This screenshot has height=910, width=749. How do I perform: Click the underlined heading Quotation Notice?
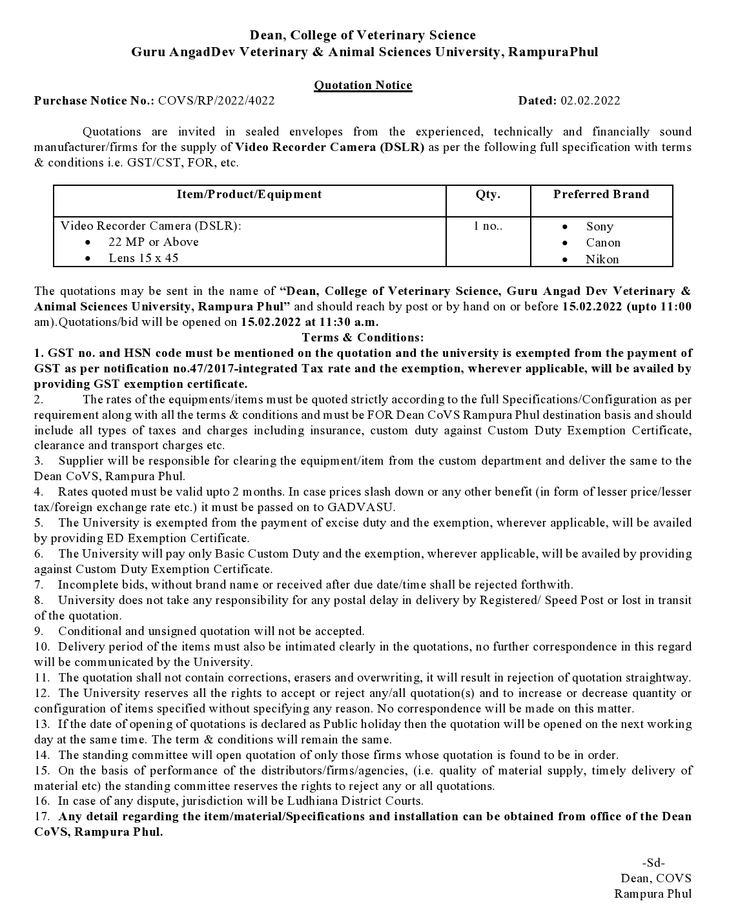[x=363, y=85]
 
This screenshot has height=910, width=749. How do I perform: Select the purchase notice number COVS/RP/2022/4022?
[x=216, y=101]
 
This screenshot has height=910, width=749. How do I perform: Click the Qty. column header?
[x=487, y=194]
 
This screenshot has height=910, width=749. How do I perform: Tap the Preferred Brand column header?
[x=601, y=194]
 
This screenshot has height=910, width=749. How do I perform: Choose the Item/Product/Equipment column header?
[x=249, y=194]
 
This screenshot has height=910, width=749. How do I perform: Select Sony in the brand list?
[x=599, y=227]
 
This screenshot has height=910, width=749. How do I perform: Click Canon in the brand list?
[x=603, y=243]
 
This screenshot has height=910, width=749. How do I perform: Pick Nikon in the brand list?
[x=602, y=259]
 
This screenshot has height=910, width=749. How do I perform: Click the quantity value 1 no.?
[x=487, y=226]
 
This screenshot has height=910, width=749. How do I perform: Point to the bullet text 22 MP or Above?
[x=154, y=242]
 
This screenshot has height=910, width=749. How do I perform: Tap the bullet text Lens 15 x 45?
[x=143, y=258]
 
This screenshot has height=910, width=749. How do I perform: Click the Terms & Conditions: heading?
[x=363, y=338]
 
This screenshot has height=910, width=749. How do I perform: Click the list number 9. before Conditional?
[x=39, y=631]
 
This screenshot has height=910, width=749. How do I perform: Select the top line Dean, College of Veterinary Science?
[x=363, y=35]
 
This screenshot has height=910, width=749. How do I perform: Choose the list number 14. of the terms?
[x=42, y=755]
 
